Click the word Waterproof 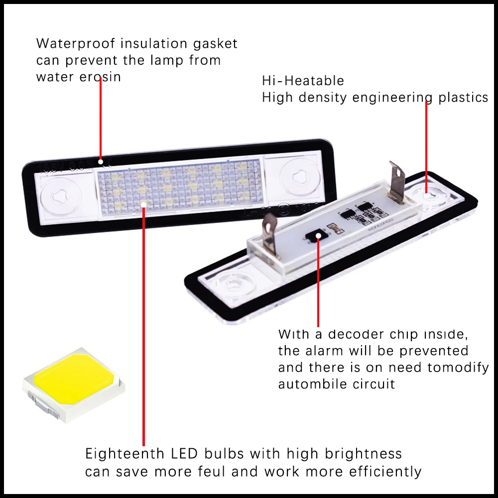point(76,44)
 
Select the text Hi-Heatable point(303,81)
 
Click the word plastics point(463,98)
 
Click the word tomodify point(458,368)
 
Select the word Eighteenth point(125,454)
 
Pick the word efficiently point(385,472)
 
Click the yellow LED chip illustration point(74,384)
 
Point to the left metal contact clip point(270,234)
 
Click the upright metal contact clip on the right point(397,182)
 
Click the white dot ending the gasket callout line point(101,162)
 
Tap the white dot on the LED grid point(143,205)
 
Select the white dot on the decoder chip point(318,236)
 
